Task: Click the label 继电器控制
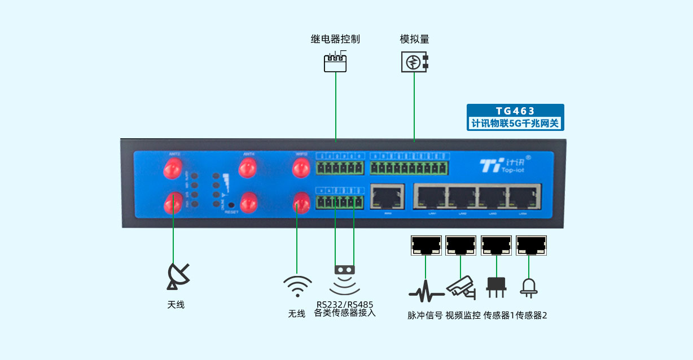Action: coord(335,39)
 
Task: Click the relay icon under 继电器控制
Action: coord(335,62)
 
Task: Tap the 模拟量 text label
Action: coord(414,39)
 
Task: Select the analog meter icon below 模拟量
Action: coord(414,62)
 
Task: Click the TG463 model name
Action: coord(515,111)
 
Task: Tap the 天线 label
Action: coord(176,305)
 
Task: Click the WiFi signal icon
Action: coord(297,287)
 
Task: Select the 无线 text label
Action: coord(296,314)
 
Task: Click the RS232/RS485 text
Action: coord(345,305)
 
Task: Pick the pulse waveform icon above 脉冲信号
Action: coord(425,292)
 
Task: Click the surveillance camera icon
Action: coord(462,288)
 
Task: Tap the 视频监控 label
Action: coord(463,315)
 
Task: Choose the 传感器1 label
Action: coord(499,315)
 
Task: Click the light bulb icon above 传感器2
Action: coord(529,288)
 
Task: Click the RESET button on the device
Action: coord(231,205)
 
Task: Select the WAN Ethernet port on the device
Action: coord(387,196)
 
